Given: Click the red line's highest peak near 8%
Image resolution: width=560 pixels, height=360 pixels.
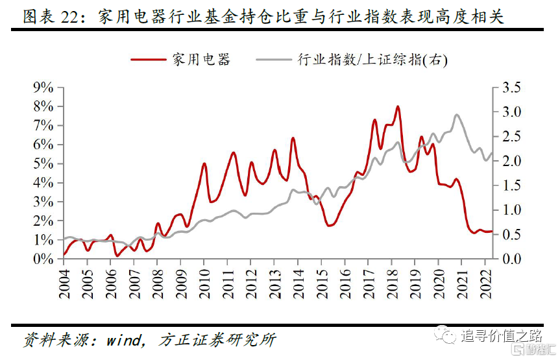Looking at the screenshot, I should click(398, 107).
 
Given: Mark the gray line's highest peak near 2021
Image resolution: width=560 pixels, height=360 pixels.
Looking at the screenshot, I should click(457, 115).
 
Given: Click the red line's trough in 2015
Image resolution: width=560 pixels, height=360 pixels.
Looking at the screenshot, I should click(330, 225).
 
